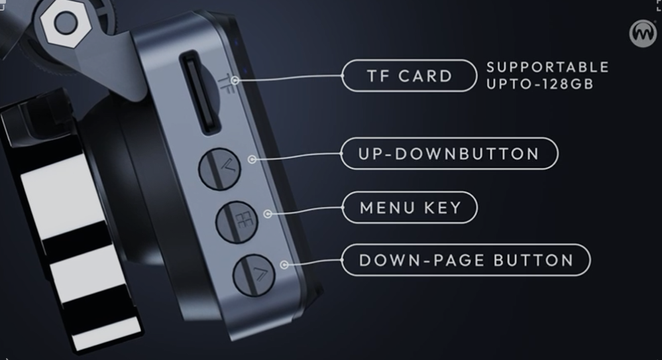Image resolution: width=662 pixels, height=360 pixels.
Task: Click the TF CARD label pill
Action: tap(409, 76)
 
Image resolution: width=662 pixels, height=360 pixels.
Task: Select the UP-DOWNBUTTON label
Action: tap(449, 153)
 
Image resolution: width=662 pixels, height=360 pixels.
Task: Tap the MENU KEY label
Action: tap(410, 208)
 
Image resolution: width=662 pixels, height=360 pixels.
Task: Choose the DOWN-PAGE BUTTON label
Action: tap(466, 260)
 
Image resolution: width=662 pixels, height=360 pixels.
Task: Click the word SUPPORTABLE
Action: tap(547, 67)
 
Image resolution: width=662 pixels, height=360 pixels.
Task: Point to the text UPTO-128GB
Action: tap(540, 84)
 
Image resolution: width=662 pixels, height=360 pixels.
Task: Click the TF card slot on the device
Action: tap(201, 92)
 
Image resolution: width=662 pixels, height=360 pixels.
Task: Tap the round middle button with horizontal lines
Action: tap(237, 222)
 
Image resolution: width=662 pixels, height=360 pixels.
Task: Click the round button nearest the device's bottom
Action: tap(254, 275)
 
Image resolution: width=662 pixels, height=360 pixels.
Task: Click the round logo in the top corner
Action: tap(643, 34)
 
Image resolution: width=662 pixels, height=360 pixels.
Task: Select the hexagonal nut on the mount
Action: tap(66, 22)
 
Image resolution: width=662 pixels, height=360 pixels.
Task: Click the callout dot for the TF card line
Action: tap(235, 80)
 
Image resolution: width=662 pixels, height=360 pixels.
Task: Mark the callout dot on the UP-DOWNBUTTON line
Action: tap(252, 159)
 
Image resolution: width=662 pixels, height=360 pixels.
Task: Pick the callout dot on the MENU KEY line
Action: tap(268, 214)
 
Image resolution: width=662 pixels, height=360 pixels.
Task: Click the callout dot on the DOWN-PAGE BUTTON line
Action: tap(284, 265)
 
